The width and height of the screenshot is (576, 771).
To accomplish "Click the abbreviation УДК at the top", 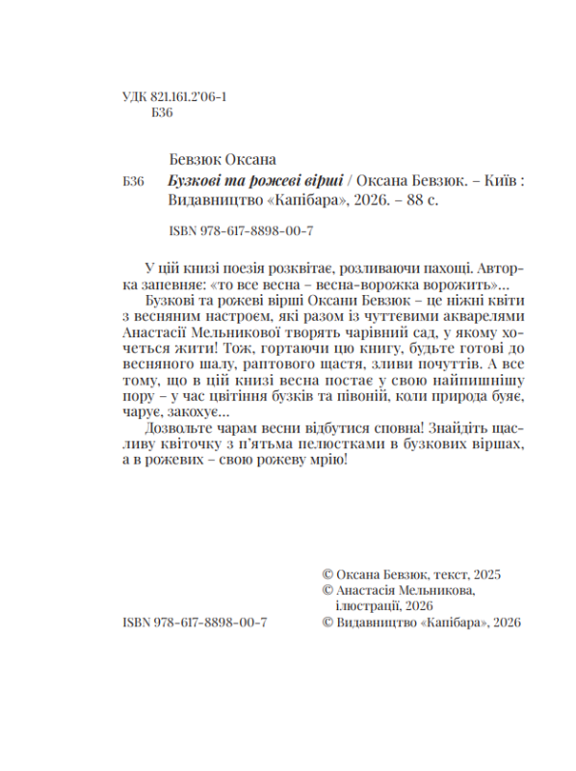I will [138, 97].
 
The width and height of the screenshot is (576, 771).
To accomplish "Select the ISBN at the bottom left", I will [196, 624].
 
